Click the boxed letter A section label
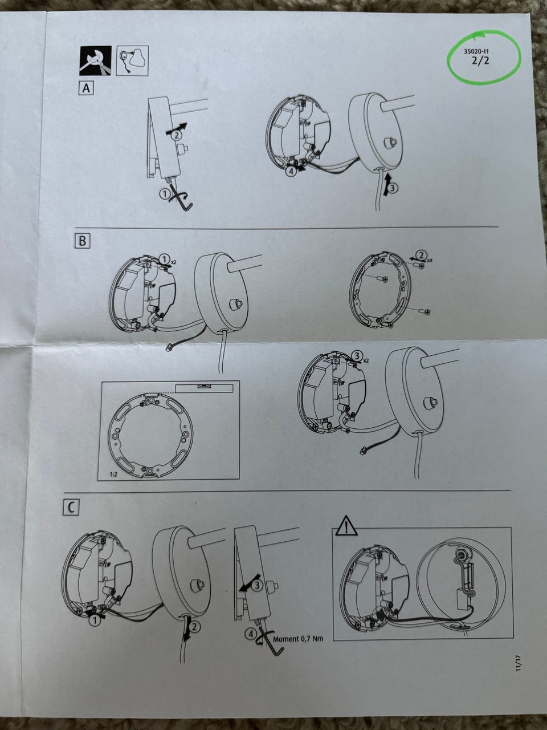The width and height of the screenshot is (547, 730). coord(86,88)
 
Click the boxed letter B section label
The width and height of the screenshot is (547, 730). coord(82,241)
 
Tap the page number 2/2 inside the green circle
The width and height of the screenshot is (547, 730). coord(480,60)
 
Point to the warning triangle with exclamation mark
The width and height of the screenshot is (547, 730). coord(347,525)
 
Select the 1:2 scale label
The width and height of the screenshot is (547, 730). coord(113,475)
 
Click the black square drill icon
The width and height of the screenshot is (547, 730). coord(95,60)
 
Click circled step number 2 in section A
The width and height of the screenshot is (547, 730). coord(177,135)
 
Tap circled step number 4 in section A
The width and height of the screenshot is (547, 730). coord(291,172)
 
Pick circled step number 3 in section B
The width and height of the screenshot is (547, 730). coord(356,356)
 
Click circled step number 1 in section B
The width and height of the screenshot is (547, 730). coord(164,258)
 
